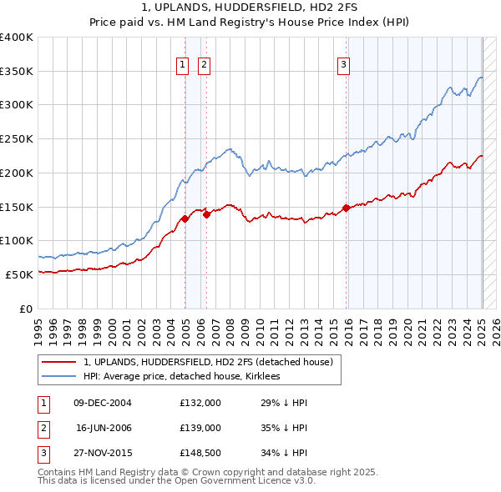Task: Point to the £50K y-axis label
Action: (20, 274)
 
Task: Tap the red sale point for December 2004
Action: (185, 219)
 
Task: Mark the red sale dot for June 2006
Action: (206, 214)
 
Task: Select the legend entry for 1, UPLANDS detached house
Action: (208, 362)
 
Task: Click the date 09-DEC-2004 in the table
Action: (103, 403)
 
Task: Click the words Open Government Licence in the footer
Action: (251, 481)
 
